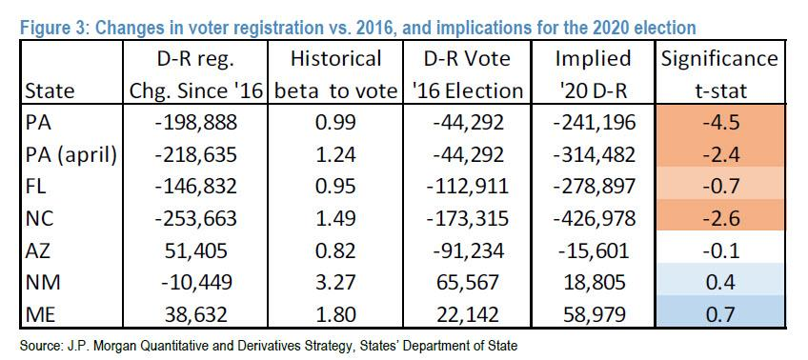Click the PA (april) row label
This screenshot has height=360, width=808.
tap(71, 154)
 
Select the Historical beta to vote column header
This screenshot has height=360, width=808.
tap(336, 74)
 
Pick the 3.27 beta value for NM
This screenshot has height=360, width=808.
tap(336, 282)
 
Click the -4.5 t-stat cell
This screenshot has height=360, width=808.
tap(721, 123)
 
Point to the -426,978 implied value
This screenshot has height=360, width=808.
tap(593, 218)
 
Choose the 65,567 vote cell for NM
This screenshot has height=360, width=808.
tap(468, 282)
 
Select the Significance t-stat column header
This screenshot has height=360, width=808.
tap(721, 74)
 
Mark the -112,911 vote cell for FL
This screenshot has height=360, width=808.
tap(468, 187)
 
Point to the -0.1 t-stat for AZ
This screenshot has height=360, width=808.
tap(721, 250)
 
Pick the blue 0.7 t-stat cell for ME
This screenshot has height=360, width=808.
tap(721, 314)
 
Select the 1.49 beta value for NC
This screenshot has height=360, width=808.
tap(336, 218)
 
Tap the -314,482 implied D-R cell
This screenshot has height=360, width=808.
tap(593, 154)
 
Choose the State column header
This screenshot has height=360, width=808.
tap(50, 91)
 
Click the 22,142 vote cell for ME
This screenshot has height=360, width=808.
tap(468, 314)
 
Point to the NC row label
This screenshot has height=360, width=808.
tap(38, 218)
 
